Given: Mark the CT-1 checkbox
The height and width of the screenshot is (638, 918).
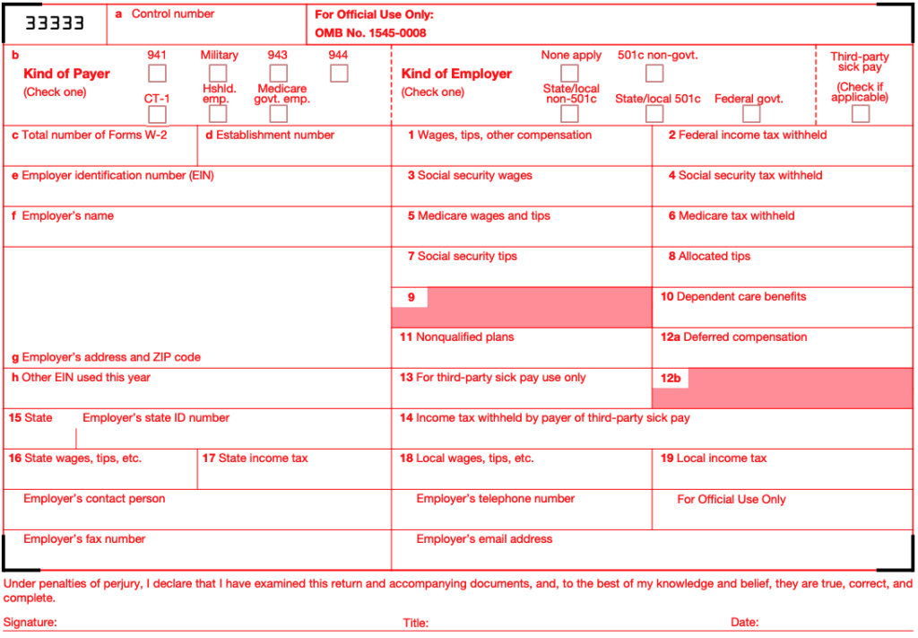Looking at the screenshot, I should tap(157, 114).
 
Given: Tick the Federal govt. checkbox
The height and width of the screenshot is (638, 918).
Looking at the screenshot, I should tap(751, 114).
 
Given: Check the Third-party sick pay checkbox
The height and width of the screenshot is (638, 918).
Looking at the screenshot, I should tap(861, 114).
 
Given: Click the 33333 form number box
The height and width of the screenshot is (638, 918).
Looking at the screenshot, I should tap(55, 23).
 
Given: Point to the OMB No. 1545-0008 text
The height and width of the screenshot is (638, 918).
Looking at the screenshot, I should tap(370, 33).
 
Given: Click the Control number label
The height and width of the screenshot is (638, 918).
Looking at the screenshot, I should tap(173, 14).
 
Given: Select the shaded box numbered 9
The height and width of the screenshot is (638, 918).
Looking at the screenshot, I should tap(538, 307).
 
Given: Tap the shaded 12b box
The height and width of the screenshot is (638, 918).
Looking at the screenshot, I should tap(798, 388).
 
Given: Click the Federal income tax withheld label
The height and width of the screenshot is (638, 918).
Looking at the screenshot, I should tap(752, 135).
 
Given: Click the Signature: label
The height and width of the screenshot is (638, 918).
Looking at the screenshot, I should tap(30, 622).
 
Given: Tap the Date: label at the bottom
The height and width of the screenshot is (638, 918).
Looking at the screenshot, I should tap(744, 622).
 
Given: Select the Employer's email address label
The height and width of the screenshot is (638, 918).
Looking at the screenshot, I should tap(484, 539).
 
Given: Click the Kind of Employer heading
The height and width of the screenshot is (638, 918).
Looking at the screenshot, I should tap(456, 74).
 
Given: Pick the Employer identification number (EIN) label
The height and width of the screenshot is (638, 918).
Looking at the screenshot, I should tap(117, 176).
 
